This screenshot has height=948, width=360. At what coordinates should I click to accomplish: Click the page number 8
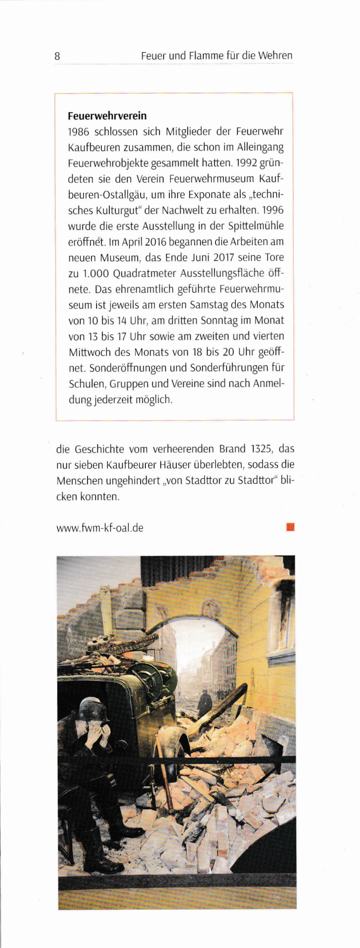pos(57,56)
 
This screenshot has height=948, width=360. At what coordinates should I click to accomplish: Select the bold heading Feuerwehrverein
pos(107,116)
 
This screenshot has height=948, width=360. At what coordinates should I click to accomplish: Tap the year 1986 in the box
pos(79,132)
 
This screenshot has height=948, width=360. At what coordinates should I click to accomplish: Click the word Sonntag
pos(219,321)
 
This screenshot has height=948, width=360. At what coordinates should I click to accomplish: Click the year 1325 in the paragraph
pos(262,449)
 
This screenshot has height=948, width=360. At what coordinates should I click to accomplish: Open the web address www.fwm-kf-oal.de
pos(100,528)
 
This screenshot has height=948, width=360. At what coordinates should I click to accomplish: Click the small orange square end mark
pos(291,527)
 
